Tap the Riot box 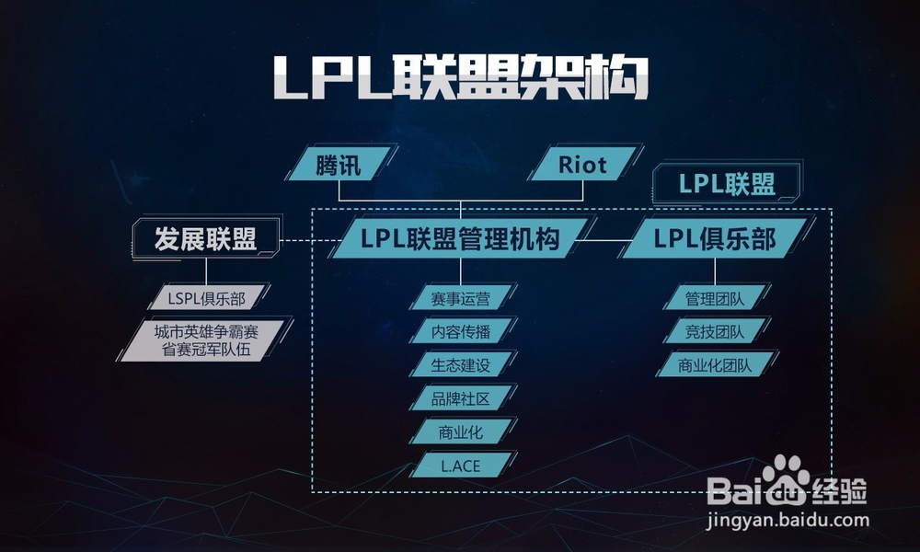point(582,165)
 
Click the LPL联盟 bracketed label point(727,184)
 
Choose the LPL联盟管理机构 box point(460,239)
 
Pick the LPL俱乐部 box point(715,239)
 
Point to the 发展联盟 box point(205,239)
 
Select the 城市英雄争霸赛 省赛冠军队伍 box point(206,339)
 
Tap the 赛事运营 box point(460,298)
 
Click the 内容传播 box point(460,331)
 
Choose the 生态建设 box point(460,364)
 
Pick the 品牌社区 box point(460,398)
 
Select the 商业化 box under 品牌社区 point(460,431)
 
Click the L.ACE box point(460,466)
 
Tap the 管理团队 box point(715,298)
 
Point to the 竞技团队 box point(715,331)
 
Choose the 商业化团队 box point(715,364)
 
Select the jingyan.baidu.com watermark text point(787,520)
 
